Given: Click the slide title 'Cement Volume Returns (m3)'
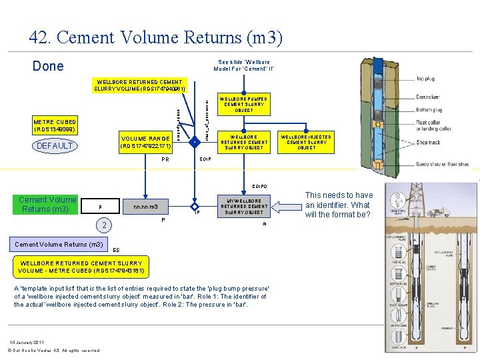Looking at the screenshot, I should pyautogui.click(x=156, y=38).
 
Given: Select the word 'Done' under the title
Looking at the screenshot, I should pyautogui.click(x=49, y=66).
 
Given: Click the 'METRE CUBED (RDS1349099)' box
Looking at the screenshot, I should pyautogui.click(x=55, y=125).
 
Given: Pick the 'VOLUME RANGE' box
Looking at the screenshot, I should pyautogui.click(x=145, y=141).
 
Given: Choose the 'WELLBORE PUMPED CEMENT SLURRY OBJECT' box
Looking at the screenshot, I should pyautogui.click(x=245, y=104).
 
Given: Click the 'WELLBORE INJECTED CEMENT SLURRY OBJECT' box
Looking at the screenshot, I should pyautogui.click(x=307, y=141).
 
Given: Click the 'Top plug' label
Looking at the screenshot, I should pyautogui.click(x=426, y=79).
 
